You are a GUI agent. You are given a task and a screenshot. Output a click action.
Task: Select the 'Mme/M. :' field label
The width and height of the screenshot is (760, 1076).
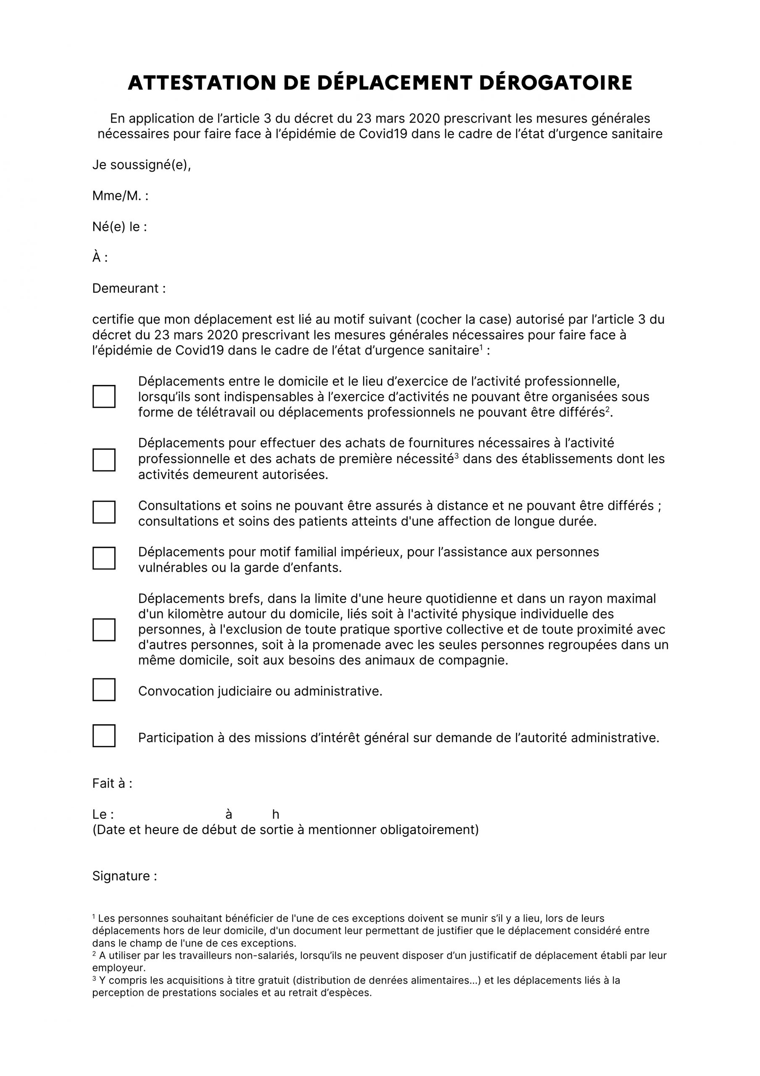(x=120, y=196)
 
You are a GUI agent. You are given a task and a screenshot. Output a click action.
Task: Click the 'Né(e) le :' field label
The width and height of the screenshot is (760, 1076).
(x=119, y=227)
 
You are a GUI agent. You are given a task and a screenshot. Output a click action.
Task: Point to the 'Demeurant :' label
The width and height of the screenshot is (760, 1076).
(x=129, y=288)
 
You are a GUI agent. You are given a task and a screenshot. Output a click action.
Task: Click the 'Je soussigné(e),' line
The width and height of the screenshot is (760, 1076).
(x=142, y=165)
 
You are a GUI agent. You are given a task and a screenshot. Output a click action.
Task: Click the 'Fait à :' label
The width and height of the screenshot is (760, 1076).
(x=112, y=783)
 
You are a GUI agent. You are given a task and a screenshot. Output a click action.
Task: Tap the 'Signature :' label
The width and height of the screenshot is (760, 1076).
(x=125, y=876)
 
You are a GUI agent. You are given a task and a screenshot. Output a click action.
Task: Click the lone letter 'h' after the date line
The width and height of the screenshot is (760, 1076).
(x=276, y=815)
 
